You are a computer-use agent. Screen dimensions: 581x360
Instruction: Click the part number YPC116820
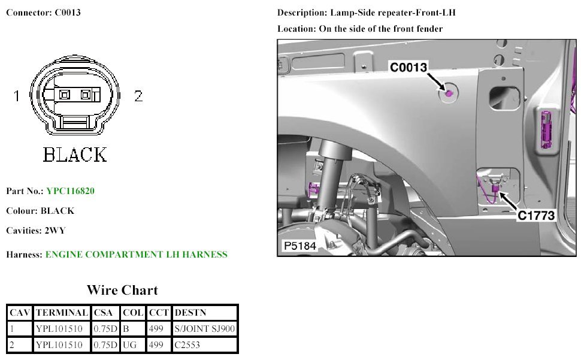tap(69, 191)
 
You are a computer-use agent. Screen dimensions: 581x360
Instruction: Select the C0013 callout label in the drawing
tap(408, 68)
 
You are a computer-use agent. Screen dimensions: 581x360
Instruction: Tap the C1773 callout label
tap(536, 215)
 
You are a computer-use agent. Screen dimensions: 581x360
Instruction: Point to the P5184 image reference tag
tap(299, 246)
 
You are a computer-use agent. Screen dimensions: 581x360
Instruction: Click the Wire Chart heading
tap(122, 291)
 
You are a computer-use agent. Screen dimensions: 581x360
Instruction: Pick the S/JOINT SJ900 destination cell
tap(204, 329)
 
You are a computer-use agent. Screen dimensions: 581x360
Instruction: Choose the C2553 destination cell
tap(187, 345)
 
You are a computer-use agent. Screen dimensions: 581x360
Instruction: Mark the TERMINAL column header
tap(62, 313)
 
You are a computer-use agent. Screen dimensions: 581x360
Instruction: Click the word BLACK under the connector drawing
tap(74, 155)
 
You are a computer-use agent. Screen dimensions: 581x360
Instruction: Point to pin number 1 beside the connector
tap(17, 96)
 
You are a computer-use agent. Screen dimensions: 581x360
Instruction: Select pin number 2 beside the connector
tap(138, 96)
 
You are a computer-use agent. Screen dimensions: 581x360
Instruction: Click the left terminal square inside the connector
tap(65, 95)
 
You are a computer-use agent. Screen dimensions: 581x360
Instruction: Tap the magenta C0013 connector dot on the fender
tap(449, 93)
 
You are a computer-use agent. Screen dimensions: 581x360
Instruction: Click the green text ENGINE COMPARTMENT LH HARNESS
tap(136, 255)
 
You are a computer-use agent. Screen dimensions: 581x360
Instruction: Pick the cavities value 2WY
tap(55, 231)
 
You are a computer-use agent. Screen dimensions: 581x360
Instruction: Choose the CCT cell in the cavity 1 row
tap(155, 329)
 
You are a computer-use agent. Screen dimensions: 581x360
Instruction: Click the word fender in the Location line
tap(429, 29)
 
